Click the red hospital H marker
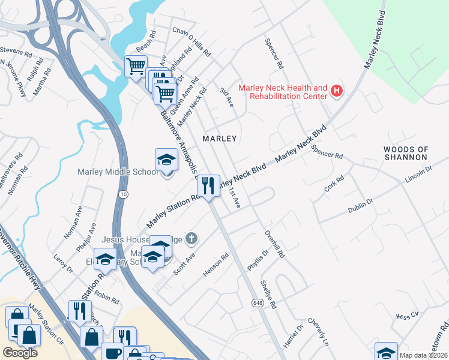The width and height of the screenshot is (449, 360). coord(337,91)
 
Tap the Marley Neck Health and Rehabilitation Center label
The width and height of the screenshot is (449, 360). coord(283,92)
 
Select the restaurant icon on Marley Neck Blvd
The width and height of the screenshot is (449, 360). coord(208,185)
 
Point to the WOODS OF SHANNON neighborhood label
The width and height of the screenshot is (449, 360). coord(406,153)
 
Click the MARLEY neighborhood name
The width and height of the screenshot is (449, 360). coord(220,139)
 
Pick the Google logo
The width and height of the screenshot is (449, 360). coord(20,353)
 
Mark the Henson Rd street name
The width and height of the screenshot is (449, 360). coord(216,265)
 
